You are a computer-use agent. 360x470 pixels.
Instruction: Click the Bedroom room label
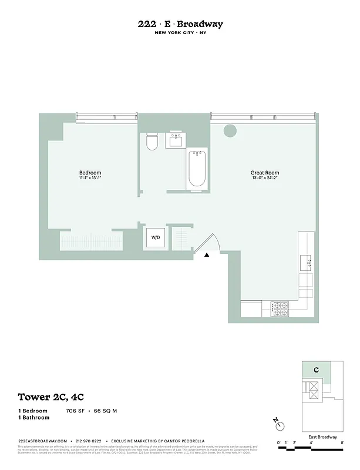(x=90, y=173)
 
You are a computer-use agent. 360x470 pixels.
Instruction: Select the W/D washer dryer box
(x=156, y=238)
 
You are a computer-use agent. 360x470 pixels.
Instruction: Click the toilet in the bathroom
(x=152, y=142)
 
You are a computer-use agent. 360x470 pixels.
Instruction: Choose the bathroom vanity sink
(x=175, y=140)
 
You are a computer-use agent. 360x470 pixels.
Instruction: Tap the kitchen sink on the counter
(x=306, y=261)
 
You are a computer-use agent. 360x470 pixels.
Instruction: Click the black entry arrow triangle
(x=207, y=255)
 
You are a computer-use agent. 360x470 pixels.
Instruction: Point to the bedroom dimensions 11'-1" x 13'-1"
(x=90, y=179)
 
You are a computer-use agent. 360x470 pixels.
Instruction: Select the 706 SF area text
(x=75, y=411)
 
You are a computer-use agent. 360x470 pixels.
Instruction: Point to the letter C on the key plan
(x=316, y=370)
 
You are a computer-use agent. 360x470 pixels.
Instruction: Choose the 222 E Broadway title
(x=180, y=24)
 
